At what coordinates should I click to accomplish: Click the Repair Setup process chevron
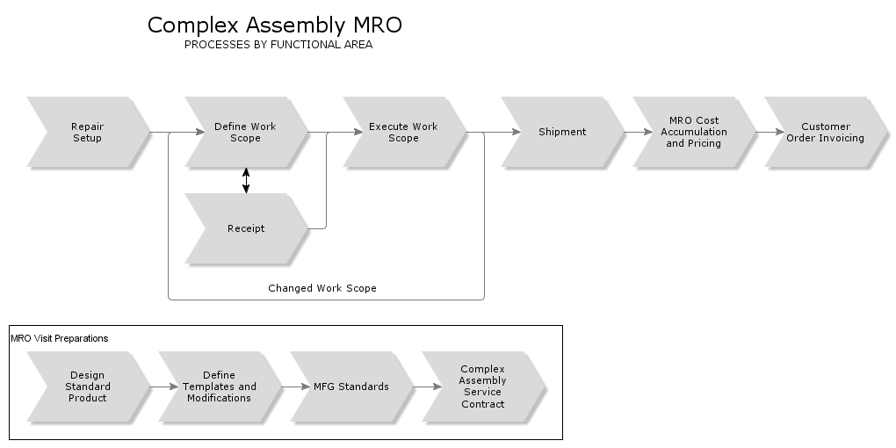coord(88,132)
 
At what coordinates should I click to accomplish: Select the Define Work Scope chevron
coord(246,132)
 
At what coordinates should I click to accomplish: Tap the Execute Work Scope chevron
coord(404,132)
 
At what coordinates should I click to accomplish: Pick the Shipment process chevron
coord(562,132)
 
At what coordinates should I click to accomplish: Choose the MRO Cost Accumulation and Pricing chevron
coord(694,132)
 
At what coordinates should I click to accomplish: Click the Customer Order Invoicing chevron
coord(826,132)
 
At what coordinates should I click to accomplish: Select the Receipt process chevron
coord(246,228)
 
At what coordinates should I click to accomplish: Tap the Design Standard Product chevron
coord(88,387)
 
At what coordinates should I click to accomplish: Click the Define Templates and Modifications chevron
coord(220,387)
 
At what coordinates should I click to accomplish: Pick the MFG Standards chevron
coord(351,387)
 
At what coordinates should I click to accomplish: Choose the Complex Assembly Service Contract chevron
coord(483,387)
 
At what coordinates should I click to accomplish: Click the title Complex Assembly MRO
coord(275,25)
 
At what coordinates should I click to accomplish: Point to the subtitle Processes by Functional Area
coord(278,45)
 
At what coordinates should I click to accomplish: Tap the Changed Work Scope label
coord(322,288)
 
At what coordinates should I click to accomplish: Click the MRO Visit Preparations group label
coord(60,337)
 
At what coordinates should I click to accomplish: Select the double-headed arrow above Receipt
coord(246,180)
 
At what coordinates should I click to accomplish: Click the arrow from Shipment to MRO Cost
coord(630,132)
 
